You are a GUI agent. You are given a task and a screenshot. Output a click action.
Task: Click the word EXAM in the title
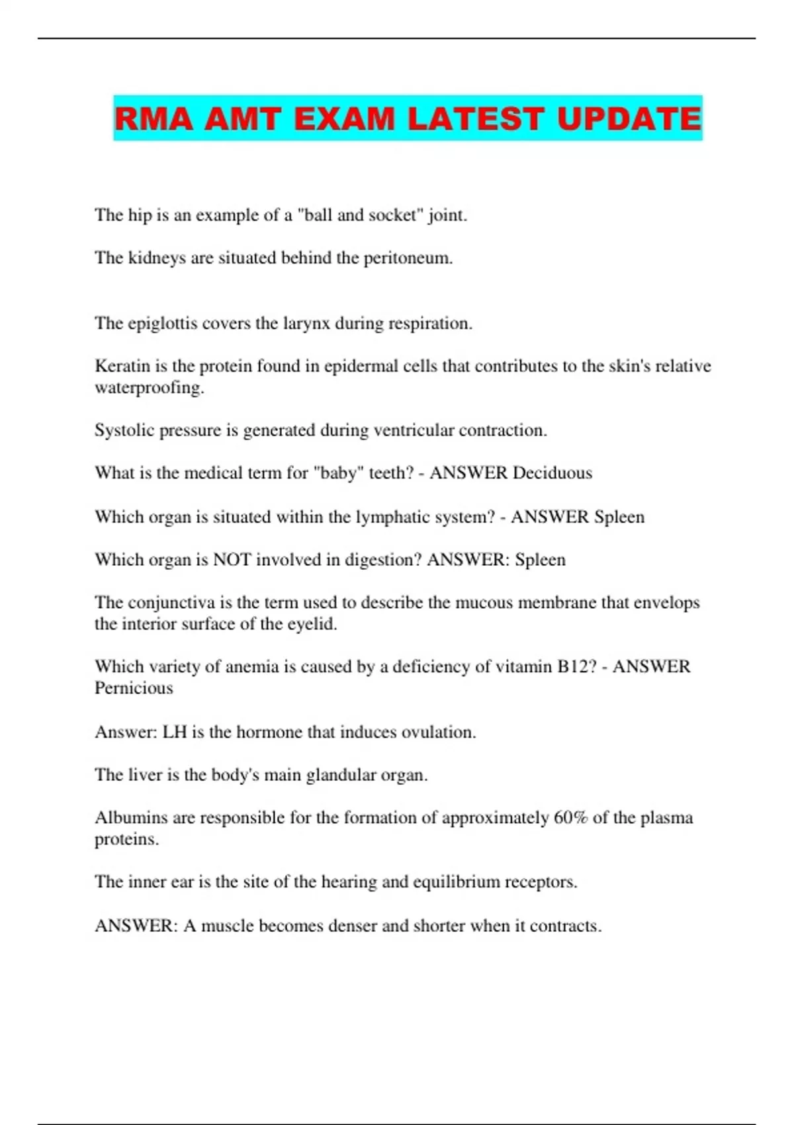click(343, 119)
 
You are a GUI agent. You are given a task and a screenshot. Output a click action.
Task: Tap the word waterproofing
click(149, 388)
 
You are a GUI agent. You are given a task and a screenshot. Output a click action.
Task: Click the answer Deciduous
click(552, 473)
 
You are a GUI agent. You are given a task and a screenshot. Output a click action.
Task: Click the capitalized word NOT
click(232, 560)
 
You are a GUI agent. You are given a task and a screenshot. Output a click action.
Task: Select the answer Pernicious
click(134, 688)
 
